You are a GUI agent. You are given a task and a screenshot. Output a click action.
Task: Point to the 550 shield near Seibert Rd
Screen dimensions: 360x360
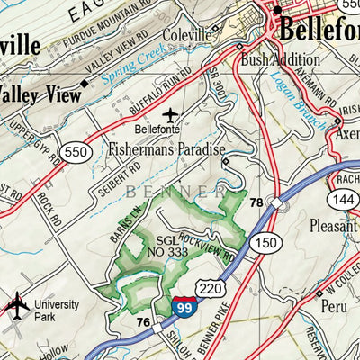(76, 152)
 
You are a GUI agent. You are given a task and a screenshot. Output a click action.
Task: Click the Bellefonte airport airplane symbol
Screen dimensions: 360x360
(171, 115)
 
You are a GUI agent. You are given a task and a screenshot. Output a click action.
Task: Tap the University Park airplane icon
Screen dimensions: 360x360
(17, 306)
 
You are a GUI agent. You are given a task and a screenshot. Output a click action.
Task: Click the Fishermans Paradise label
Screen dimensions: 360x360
(166, 149)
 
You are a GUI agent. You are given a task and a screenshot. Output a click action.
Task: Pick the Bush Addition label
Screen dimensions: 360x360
(280, 60)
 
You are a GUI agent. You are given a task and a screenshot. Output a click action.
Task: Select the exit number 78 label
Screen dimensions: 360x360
(256, 202)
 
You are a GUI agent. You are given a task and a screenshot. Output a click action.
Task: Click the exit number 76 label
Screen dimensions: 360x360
(142, 322)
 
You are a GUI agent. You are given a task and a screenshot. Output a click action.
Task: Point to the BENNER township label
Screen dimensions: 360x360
(175, 192)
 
